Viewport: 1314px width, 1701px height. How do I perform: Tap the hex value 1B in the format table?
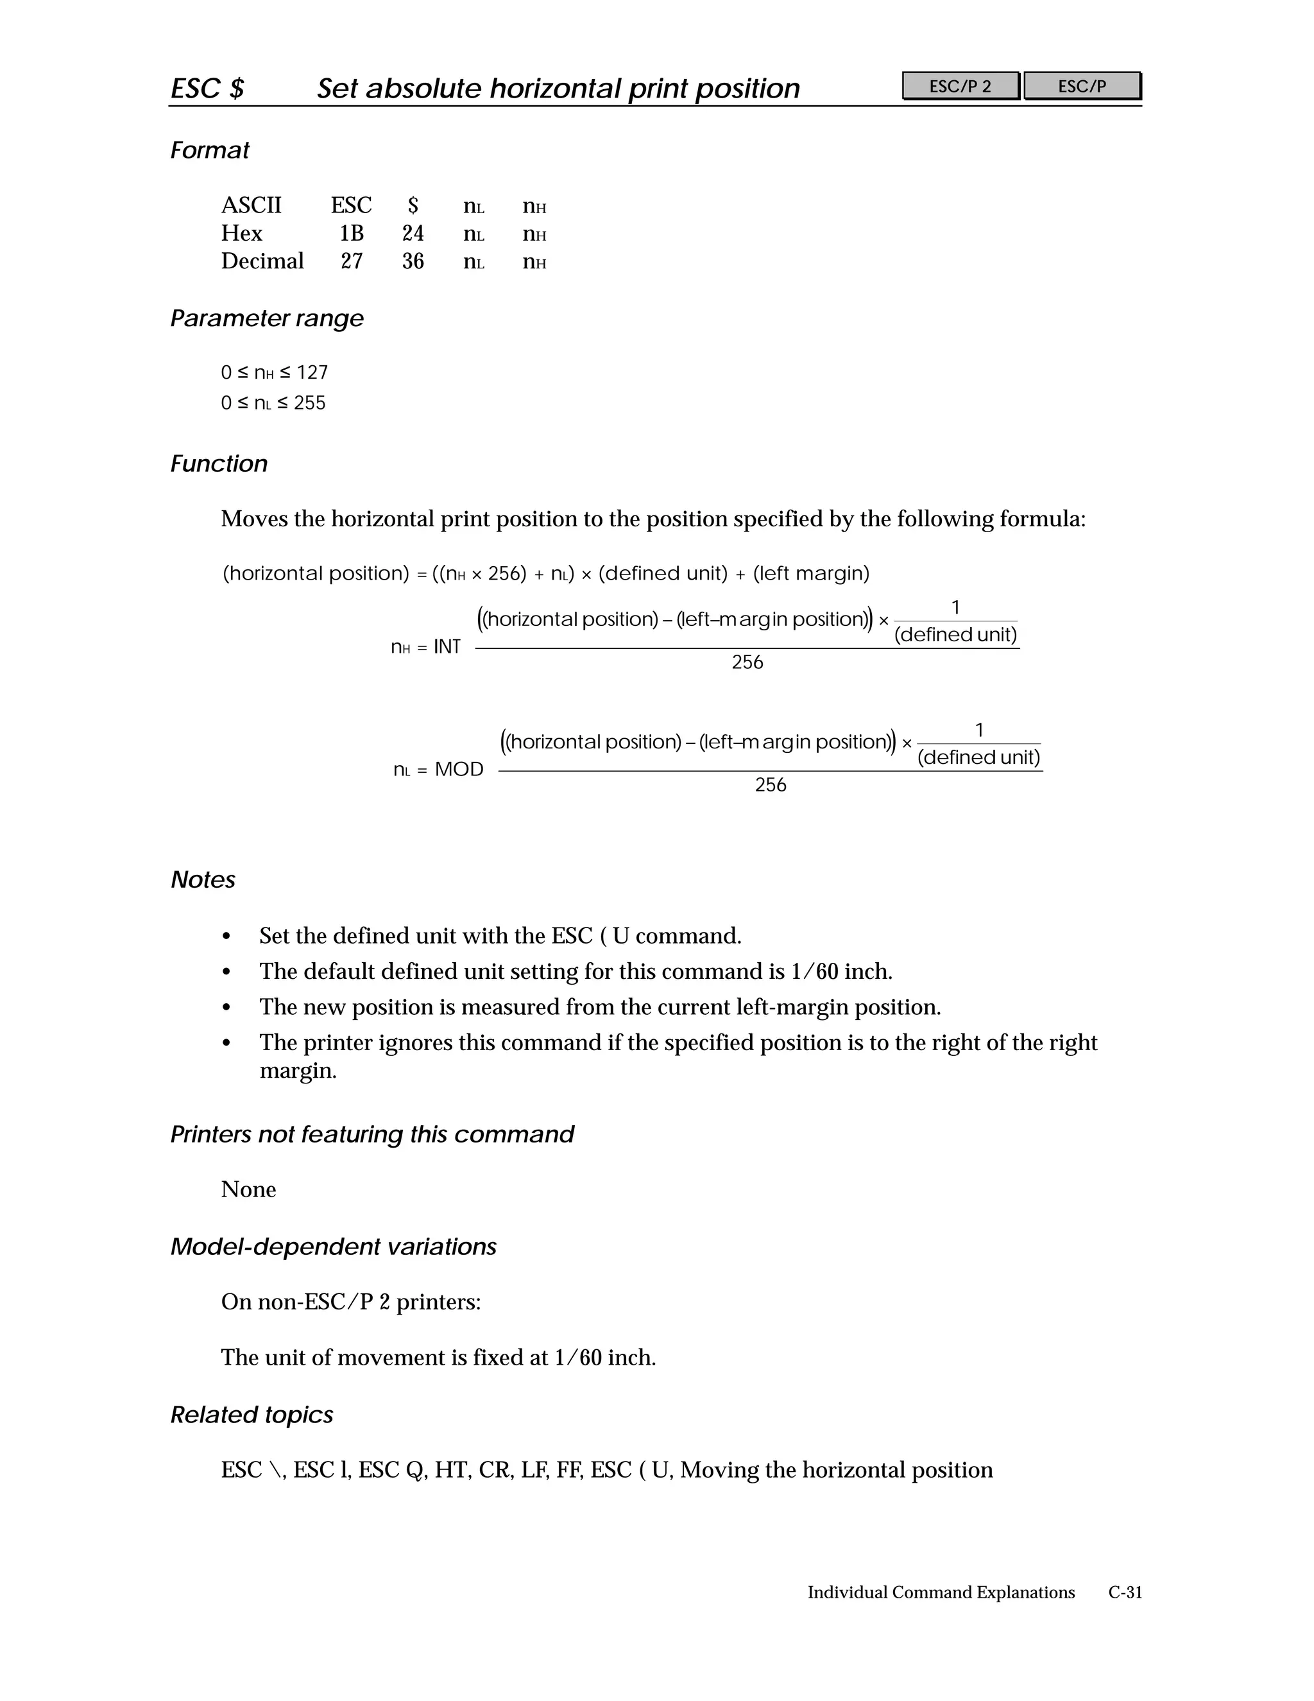click(x=351, y=234)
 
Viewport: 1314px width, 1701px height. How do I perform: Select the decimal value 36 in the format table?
click(x=413, y=262)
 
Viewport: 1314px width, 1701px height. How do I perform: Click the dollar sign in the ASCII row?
click(x=413, y=205)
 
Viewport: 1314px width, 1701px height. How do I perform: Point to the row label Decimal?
click(x=262, y=262)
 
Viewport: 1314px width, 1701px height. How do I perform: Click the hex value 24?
click(x=413, y=234)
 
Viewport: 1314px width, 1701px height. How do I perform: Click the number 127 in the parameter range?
click(x=312, y=373)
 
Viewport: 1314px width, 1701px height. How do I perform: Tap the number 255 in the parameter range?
click(x=309, y=404)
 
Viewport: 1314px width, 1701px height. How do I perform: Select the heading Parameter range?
click(x=266, y=318)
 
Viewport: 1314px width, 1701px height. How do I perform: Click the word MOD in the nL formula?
click(x=459, y=770)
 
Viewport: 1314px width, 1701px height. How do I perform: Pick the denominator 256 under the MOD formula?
click(x=771, y=785)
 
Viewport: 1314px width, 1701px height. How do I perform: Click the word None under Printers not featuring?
click(x=248, y=1189)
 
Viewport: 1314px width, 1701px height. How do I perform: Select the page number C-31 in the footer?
click(x=1125, y=1593)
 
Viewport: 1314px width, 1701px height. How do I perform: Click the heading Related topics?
click(x=252, y=1415)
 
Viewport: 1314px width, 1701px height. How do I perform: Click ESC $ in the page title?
click(x=207, y=89)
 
